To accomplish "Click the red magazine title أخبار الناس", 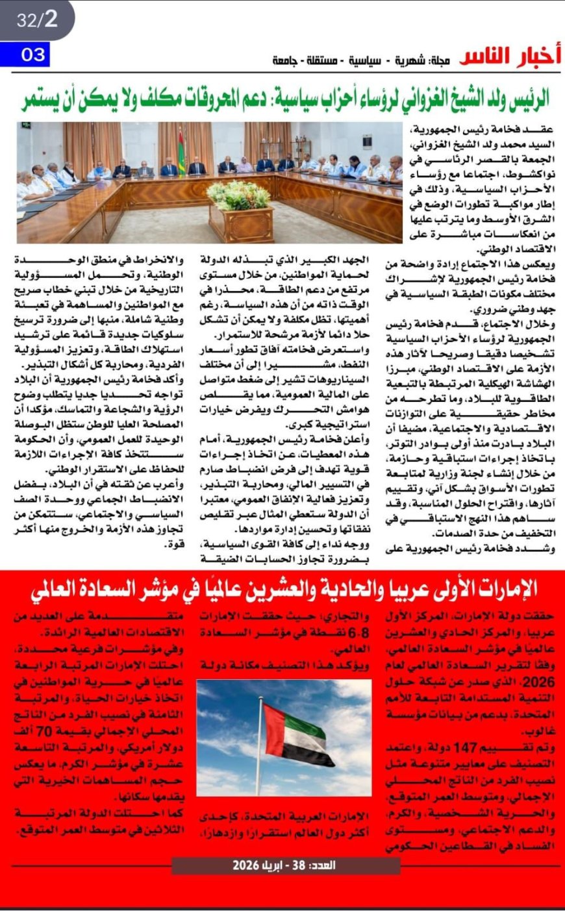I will [x=510, y=57].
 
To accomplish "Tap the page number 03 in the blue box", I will [x=32, y=55].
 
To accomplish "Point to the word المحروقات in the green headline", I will [x=207, y=98].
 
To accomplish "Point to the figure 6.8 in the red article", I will [x=352, y=632].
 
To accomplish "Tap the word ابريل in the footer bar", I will [x=262, y=866].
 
